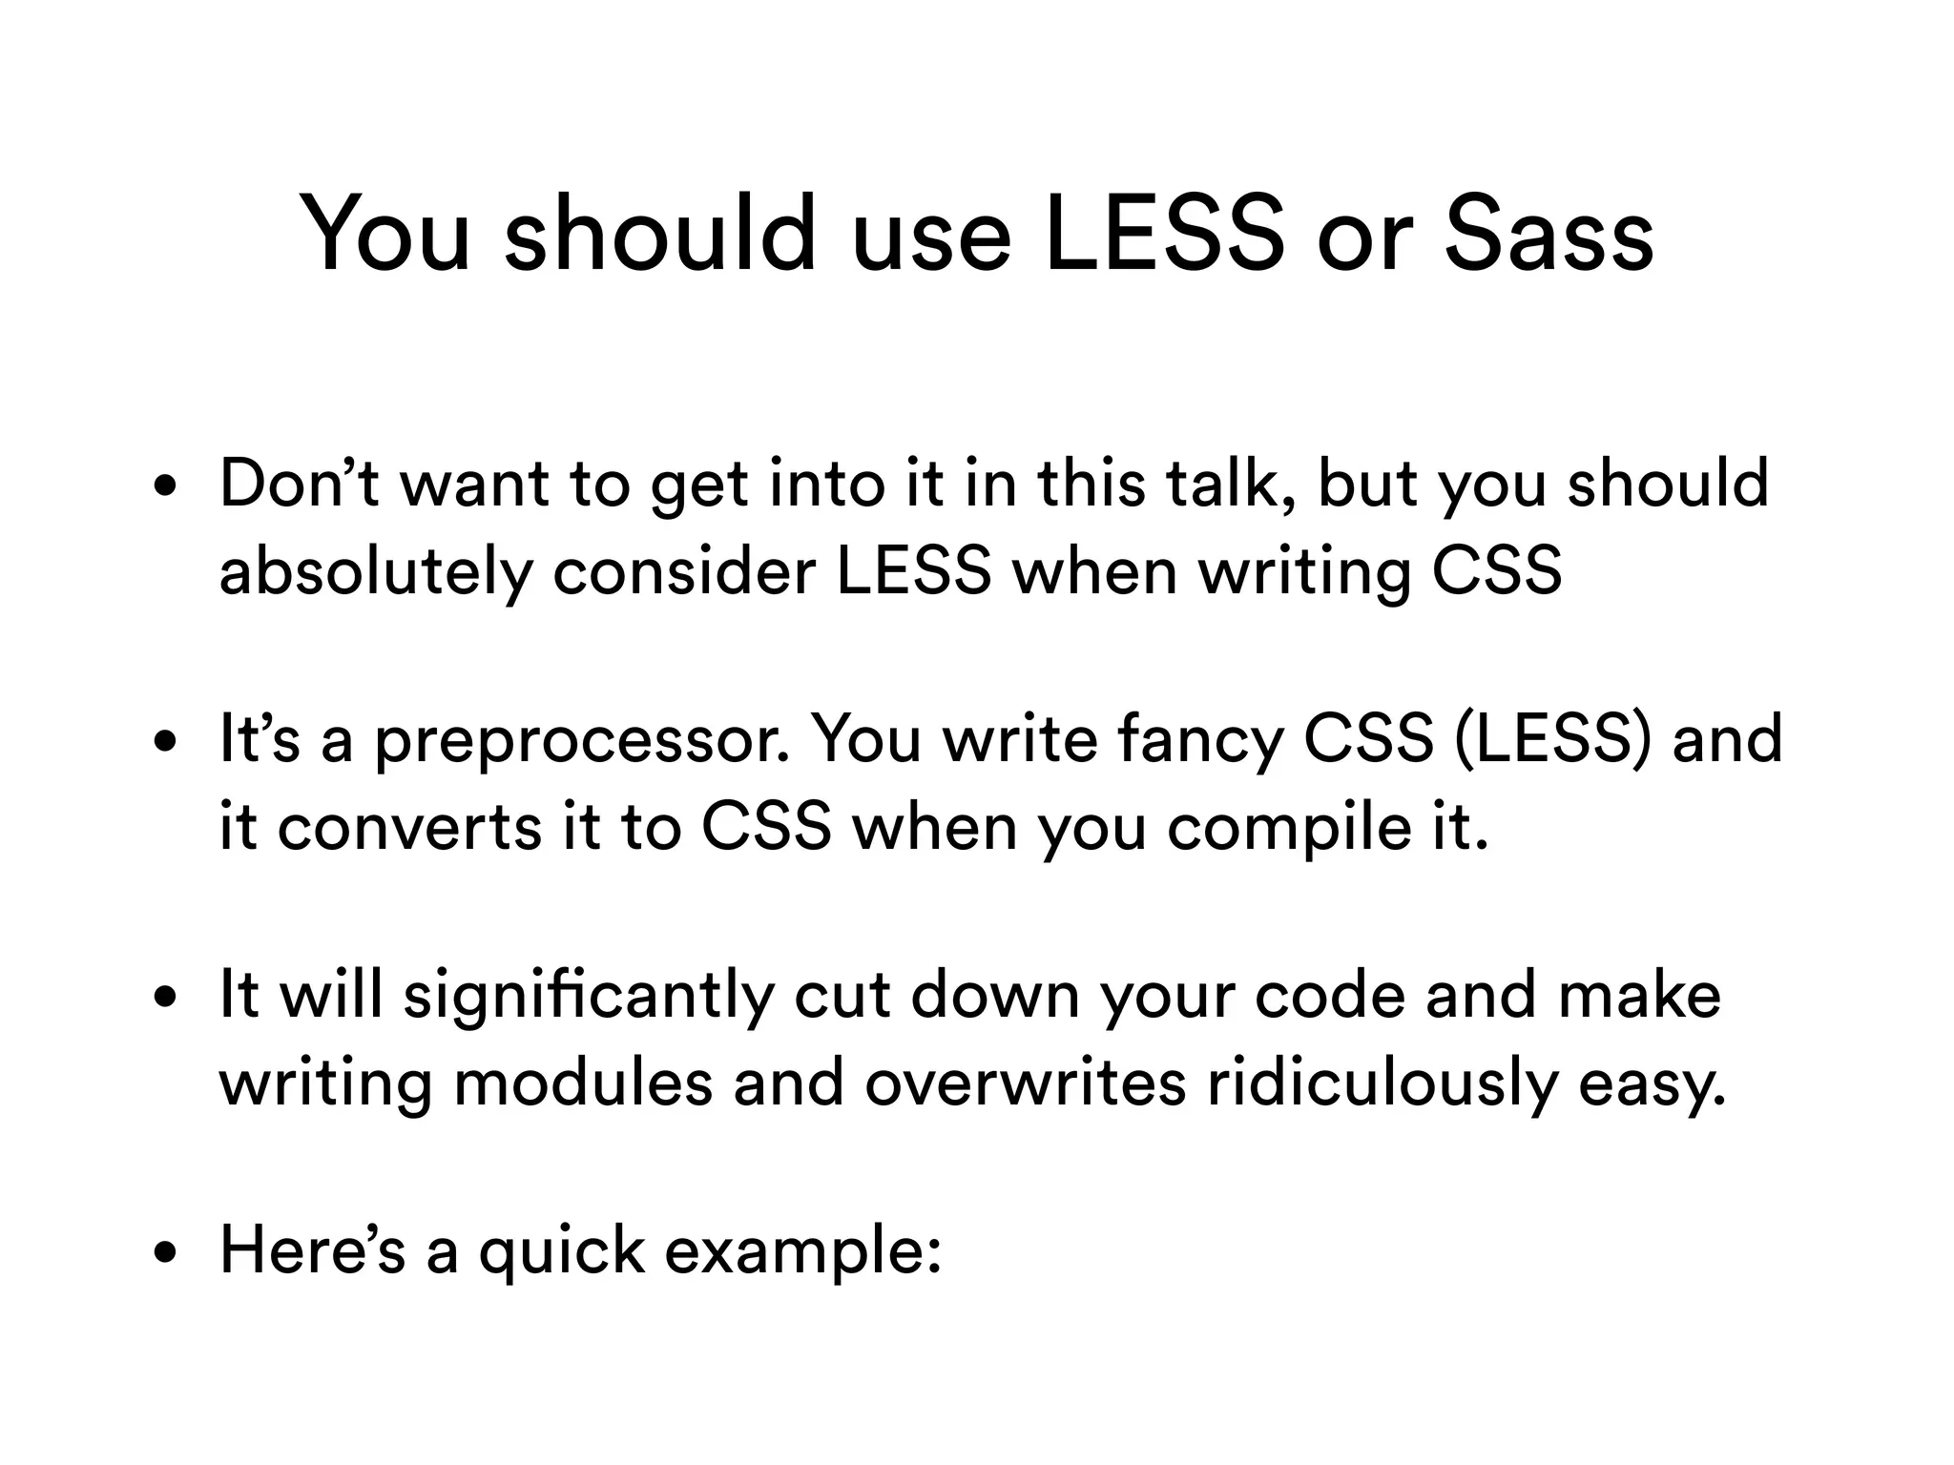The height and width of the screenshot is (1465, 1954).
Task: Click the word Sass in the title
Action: pos(1548,235)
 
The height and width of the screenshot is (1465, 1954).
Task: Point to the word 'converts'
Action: pos(411,827)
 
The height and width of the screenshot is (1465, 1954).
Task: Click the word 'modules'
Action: pos(583,1083)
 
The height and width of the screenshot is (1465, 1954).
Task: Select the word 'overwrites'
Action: pos(1025,1083)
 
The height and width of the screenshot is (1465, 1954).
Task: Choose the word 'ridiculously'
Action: pos(1382,1084)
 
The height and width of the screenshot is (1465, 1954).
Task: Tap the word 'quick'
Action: pos(561,1251)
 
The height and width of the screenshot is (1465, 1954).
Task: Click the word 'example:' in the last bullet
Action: pos(802,1251)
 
